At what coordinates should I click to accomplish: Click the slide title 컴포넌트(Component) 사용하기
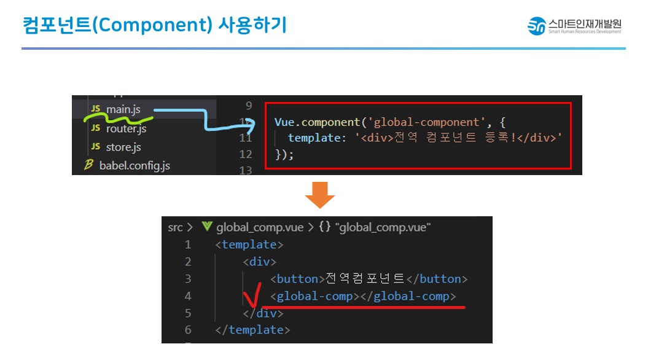coord(154,25)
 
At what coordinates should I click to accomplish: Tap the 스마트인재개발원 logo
coord(575,26)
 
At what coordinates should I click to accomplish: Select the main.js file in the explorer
coord(123,109)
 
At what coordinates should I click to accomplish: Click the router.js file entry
coord(126,128)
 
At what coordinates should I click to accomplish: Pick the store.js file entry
coord(123,147)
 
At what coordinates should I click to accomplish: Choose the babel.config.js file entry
coord(135,165)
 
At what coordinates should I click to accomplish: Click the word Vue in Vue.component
coord(286,122)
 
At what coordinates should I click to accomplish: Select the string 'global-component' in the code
coord(423,122)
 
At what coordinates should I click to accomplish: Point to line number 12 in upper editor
coord(244,154)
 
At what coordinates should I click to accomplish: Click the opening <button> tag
coord(297,279)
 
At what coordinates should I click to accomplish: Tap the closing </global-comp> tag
coord(408,296)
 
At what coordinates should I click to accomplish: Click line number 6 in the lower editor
coord(188,330)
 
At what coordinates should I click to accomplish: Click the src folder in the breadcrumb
coord(175,227)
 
